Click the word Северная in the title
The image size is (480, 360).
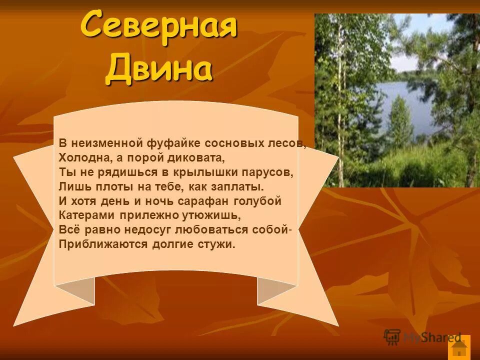(158, 26)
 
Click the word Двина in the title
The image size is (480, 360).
(158, 68)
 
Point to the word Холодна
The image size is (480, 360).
(80, 157)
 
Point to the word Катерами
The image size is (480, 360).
(87, 215)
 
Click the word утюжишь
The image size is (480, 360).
(216, 215)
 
